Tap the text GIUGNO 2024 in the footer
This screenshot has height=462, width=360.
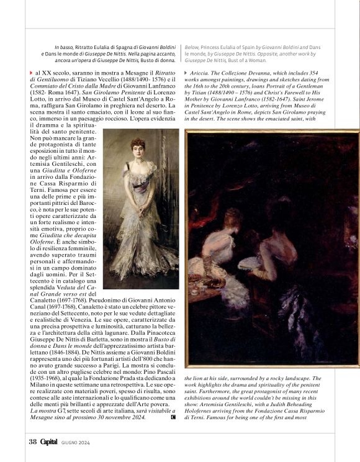click(x=76, y=442)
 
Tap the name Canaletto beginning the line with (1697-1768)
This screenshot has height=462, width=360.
click(x=46, y=299)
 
